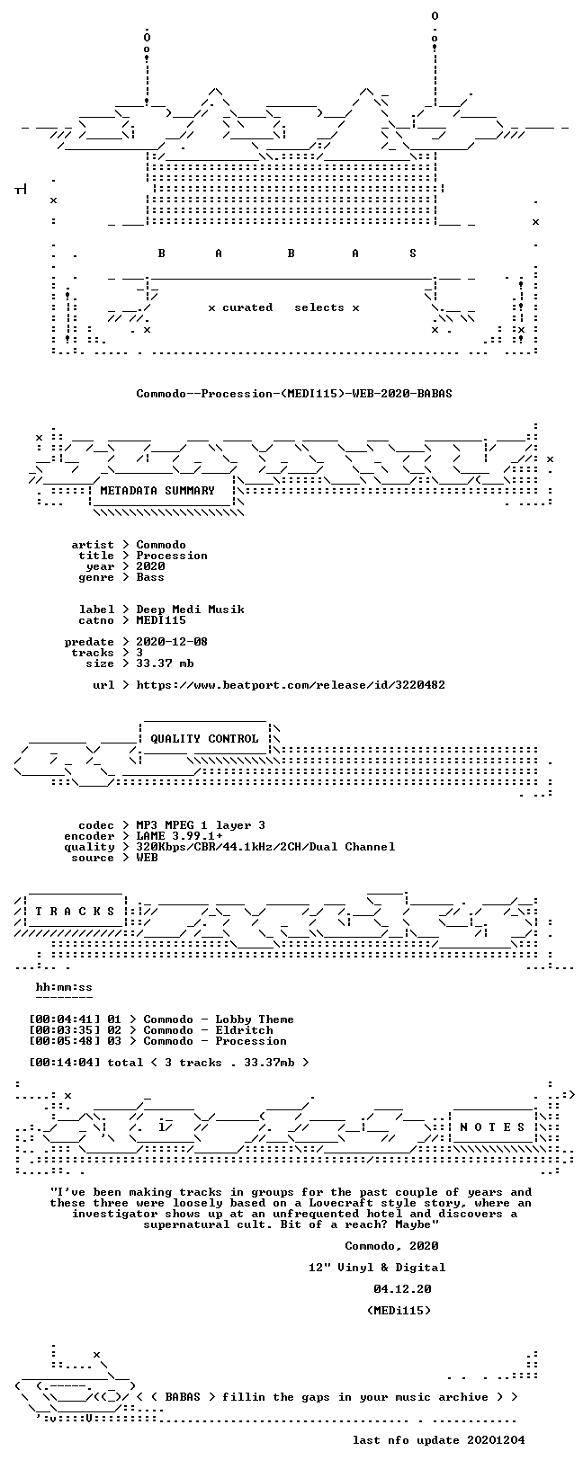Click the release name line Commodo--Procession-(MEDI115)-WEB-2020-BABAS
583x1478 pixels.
click(294, 394)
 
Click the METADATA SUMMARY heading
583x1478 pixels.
click(157, 490)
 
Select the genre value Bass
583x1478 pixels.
click(150, 577)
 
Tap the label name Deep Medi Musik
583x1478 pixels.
click(190, 610)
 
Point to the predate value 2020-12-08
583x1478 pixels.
click(173, 642)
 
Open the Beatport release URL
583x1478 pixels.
click(291, 685)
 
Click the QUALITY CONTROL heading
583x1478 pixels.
click(204, 739)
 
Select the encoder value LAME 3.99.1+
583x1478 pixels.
click(180, 836)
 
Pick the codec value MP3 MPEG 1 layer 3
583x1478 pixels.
click(201, 825)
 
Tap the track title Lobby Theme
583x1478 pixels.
click(255, 1019)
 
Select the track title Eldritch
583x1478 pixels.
click(245, 1030)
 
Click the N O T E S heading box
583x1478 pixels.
click(492, 1127)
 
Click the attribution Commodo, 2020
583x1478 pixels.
click(391, 1246)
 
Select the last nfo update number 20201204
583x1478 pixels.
click(496, 1439)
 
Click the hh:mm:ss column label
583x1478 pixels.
click(64, 987)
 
